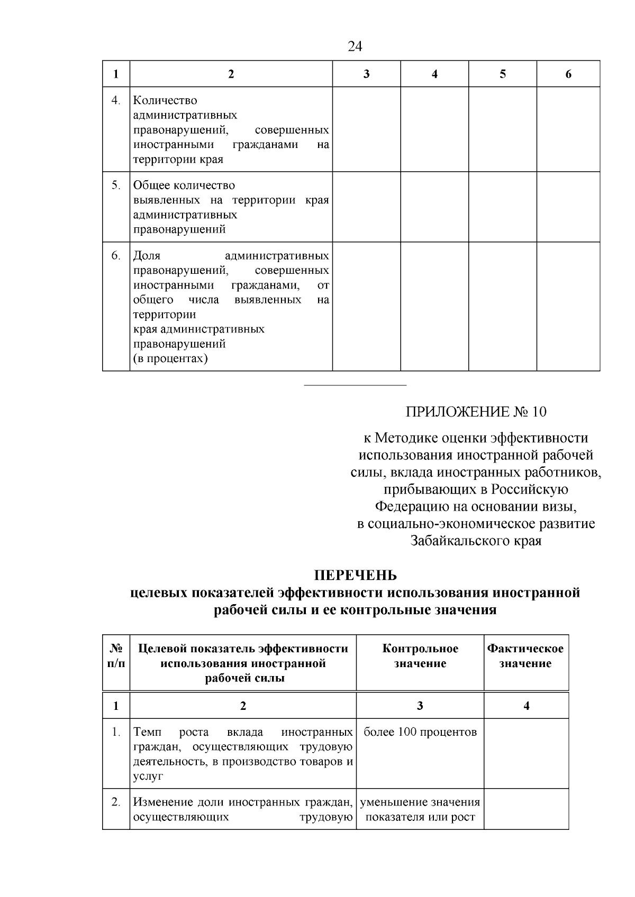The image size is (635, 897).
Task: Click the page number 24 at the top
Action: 355,47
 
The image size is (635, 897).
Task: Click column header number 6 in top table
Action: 568,74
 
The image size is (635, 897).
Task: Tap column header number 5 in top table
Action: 502,74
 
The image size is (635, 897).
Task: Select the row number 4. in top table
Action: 116,100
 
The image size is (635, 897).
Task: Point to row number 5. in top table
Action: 116,186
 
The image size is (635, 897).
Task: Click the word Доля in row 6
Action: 147,256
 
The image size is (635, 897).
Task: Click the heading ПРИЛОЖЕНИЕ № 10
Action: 476,412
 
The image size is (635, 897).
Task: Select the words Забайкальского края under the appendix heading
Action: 476,541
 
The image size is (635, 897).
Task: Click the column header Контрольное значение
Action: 420,656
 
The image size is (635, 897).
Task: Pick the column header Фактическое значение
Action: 525,656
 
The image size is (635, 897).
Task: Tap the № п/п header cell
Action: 116,656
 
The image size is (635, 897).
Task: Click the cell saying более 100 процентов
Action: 420,732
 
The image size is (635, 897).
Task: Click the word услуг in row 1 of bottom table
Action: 148,776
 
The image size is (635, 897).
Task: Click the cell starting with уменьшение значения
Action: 420,809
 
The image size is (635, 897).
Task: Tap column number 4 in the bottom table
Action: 526,706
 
